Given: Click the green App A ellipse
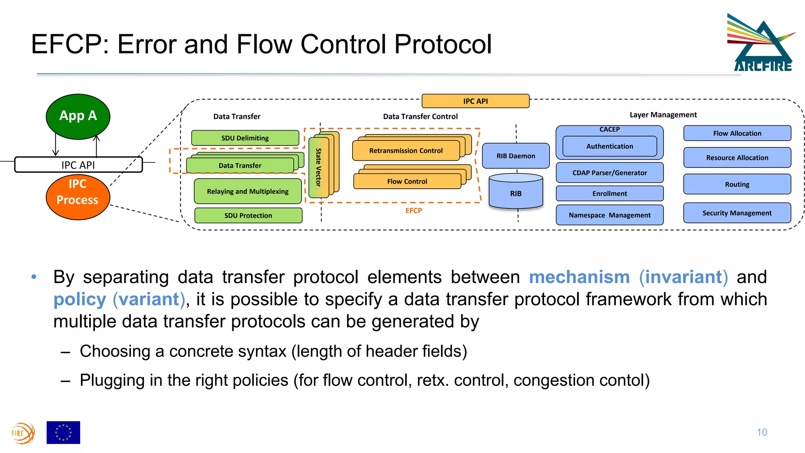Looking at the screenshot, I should [x=78, y=116].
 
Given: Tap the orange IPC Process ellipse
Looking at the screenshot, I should [x=77, y=197].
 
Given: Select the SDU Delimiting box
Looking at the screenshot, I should [x=245, y=138].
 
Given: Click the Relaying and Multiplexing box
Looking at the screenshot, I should [x=248, y=192].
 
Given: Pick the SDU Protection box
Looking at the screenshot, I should [x=248, y=215].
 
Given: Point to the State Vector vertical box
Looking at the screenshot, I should [x=319, y=167].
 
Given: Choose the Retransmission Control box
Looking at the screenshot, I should [x=406, y=151].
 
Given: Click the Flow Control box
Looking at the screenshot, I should [x=407, y=182].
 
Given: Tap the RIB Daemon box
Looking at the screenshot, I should [x=516, y=156].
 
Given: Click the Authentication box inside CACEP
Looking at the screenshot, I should [x=609, y=146].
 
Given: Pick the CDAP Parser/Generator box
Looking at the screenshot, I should [x=609, y=173].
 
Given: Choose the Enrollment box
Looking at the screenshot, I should [x=609, y=193].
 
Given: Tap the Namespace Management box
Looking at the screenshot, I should [x=609, y=215].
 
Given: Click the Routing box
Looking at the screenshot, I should [x=737, y=184].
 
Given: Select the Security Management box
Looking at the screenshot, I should [x=737, y=213].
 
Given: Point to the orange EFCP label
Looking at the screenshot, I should [x=414, y=211].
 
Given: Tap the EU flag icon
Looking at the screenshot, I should [x=63, y=433].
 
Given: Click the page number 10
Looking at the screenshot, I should [x=762, y=433].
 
